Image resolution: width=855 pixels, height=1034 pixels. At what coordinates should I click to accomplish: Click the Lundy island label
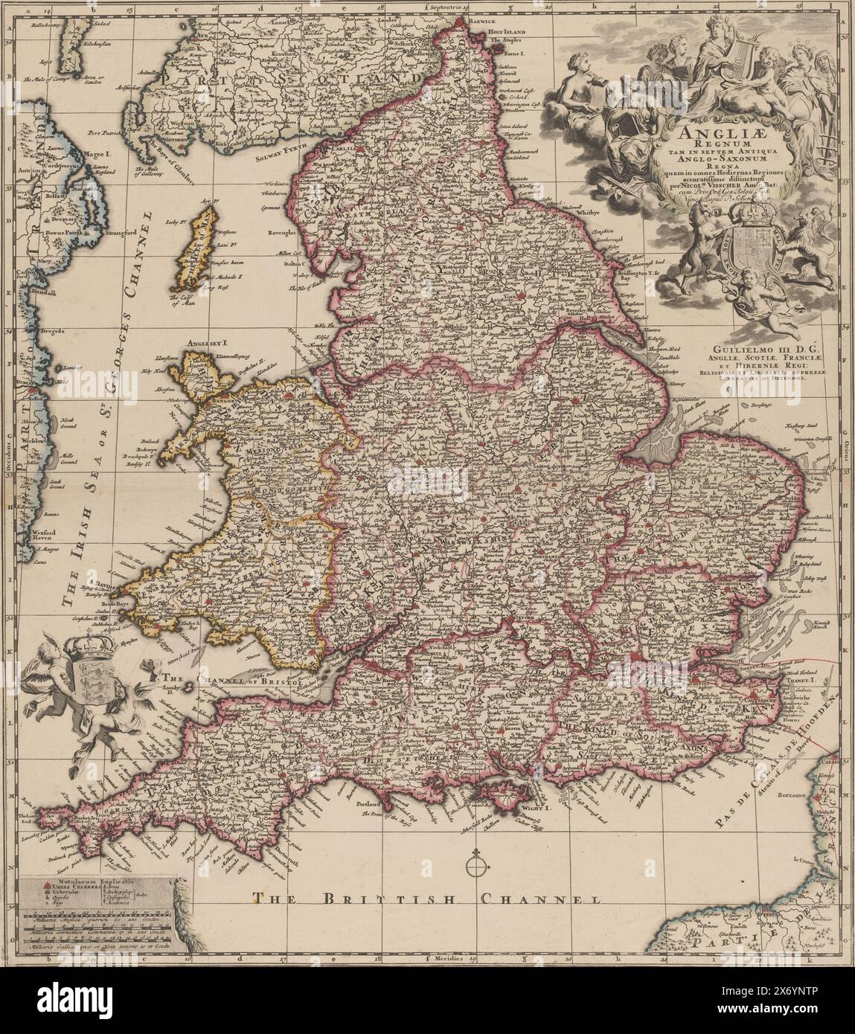(170, 692)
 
